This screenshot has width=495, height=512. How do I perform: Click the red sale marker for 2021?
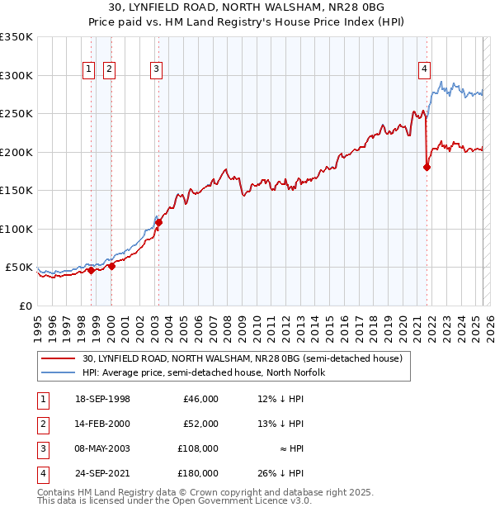pyautogui.click(x=427, y=167)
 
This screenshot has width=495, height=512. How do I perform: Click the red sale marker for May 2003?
pyautogui.click(x=159, y=222)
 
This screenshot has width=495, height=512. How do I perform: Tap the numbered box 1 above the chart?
pyautogui.click(x=88, y=70)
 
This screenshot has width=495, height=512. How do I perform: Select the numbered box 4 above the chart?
pyautogui.click(x=424, y=70)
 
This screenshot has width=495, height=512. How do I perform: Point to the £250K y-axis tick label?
pyautogui.click(x=16, y=114)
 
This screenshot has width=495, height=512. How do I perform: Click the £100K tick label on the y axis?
pyautogui.click(x=16, y=229)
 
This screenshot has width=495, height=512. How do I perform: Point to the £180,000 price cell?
pyautogui.click(x=199, y=473)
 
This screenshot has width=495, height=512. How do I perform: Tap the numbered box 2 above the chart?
pyautogui.click(x=110, y=70)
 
